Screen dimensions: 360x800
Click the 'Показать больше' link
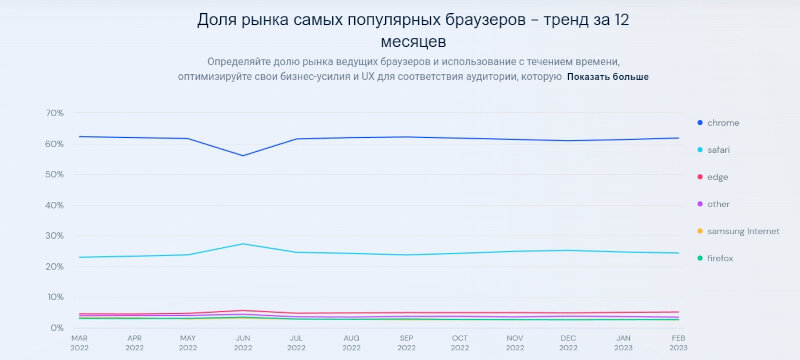(x=608, y=76)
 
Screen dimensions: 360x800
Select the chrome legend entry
(x=722, y=122)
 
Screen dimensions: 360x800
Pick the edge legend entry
(x=717, y=177)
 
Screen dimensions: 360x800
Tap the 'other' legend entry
(x=718, y=204)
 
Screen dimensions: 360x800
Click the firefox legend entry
(x=720, y=259)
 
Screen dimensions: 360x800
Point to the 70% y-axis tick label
(x=53, y=113)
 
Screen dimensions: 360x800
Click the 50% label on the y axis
(x=53, y=175)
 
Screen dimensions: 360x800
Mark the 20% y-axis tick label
(x=53, y=267)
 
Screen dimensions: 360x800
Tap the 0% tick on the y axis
(x=56, y=328)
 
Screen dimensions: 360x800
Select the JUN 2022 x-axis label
(x=241, y=343)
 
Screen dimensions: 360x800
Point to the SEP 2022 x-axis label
(x=405, y=343)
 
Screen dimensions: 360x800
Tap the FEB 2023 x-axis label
(x=678, y=343)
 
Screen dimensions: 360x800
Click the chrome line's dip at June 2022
(x=241, y=155)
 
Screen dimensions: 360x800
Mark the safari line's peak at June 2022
(x=241, y=244)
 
